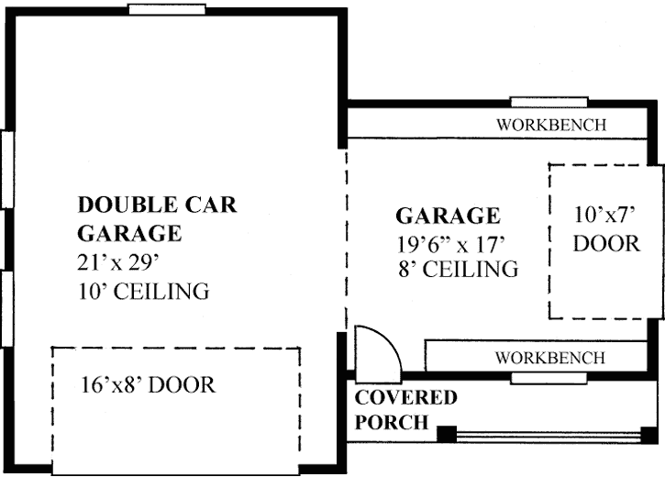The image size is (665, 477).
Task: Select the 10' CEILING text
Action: click(x=143, y=293)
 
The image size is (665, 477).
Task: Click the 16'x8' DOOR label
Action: click(x=148, y=384)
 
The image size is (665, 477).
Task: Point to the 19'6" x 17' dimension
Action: click(x=453, y=244)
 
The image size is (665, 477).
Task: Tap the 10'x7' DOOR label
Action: click(x=605, y=229)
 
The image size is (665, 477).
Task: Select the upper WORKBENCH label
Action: click(x=550, y=125)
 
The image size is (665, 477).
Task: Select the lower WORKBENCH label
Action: click(x=550, y=357)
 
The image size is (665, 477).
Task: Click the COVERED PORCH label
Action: click(x=405, y=410)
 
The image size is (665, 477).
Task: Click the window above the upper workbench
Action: click(x=549, y=102)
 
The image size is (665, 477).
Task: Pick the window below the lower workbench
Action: click(x=549, y=378)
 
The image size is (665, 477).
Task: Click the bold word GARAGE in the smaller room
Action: click(x=448, y=216)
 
